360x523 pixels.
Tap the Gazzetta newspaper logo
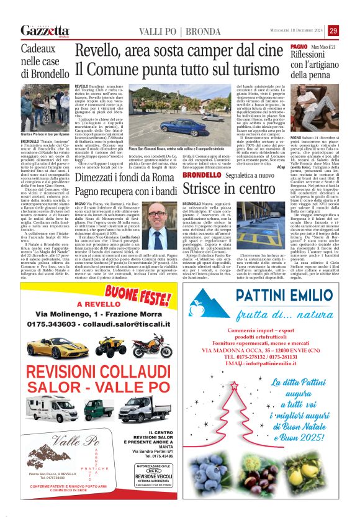tap(45, 30)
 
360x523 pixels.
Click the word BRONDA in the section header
tap(186, 31)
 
